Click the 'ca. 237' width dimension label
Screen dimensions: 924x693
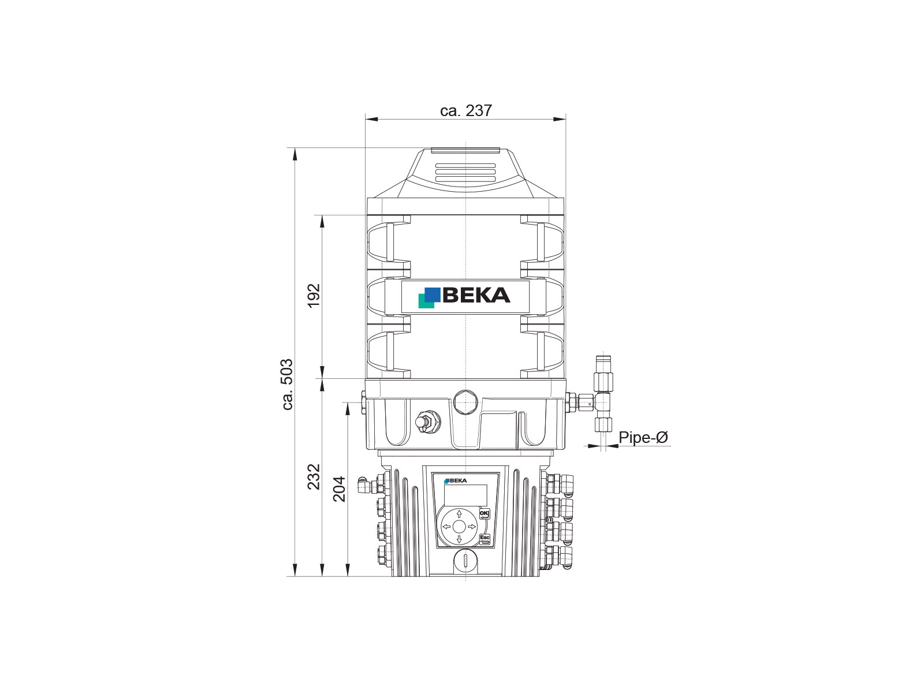pos(465,111)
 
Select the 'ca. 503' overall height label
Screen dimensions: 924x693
pos(288,384)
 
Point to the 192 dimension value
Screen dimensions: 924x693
pos(314,296)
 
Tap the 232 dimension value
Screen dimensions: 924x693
pos(314,477)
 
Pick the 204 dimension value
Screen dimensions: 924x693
pos(340,489)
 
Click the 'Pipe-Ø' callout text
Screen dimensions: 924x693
pos(643,438)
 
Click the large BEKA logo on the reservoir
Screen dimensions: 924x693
pos(464,297)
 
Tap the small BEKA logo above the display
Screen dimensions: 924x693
pos(456,480)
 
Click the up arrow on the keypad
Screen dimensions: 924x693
pos(459,514)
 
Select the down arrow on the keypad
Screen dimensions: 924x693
pos(459,539)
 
